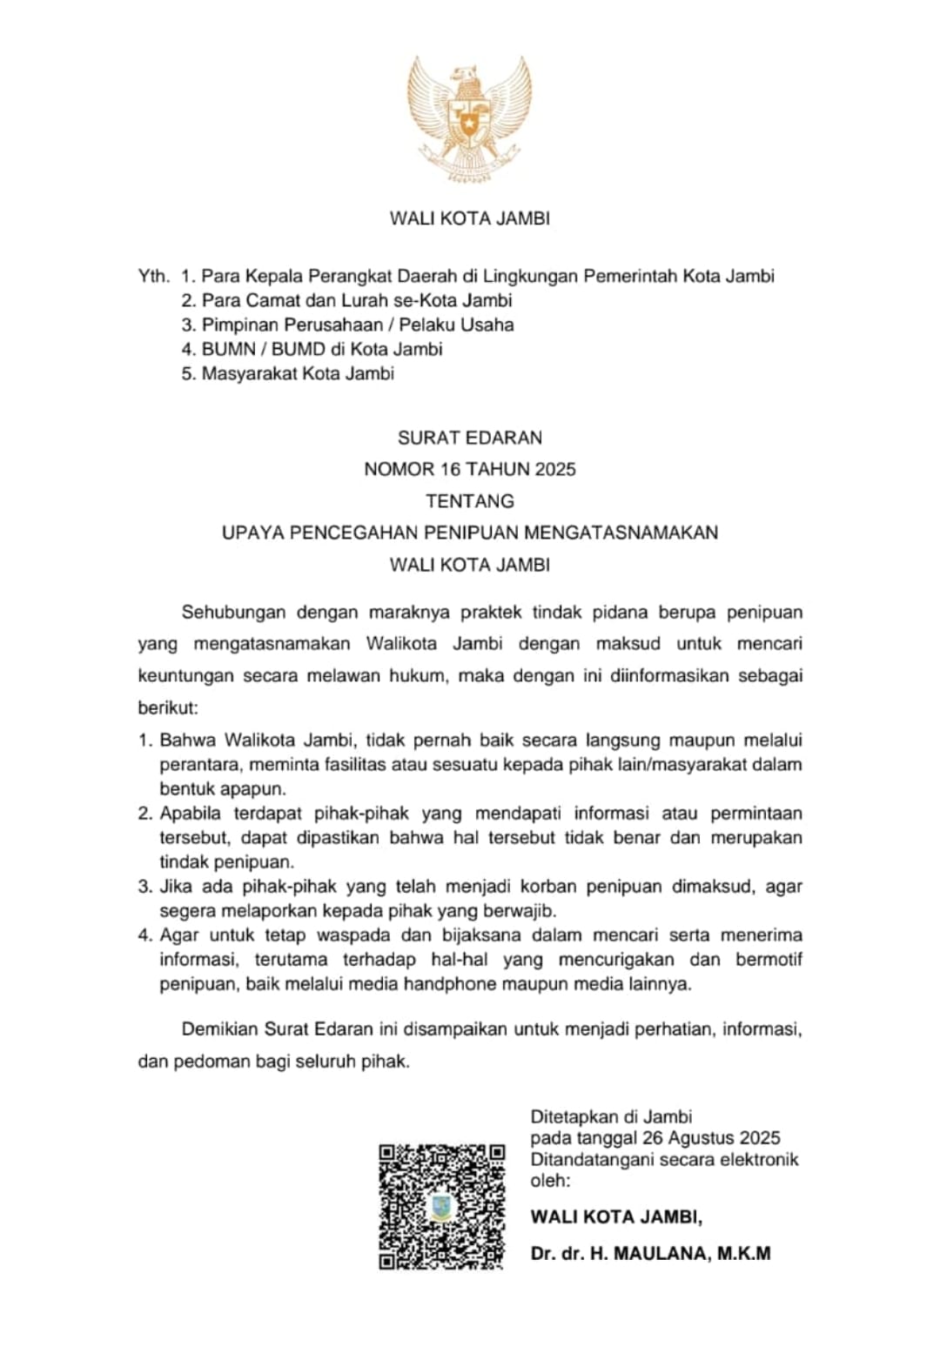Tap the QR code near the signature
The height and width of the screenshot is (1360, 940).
click(441, 1206)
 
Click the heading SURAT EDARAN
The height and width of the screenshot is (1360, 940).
click(470, 438)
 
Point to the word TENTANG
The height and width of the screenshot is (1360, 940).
click(470, 501)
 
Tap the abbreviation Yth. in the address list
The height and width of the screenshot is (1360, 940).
click(153, 277)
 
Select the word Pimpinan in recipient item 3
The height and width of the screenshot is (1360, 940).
click(237, 325)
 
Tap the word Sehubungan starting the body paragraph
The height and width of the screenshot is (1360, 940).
click(233, 613)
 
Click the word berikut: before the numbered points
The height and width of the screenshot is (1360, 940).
click(168, 707)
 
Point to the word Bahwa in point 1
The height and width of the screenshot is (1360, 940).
click(186, 740)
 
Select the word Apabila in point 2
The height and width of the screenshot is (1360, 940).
click(191, 814)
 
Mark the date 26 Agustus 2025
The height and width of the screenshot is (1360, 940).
click(711, 1138)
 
